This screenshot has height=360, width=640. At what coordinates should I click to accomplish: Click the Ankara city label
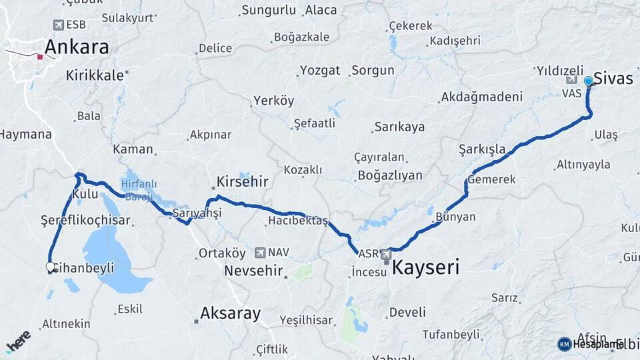(x=77, y=47)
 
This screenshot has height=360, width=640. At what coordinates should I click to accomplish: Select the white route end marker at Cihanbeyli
(x=50, y=267)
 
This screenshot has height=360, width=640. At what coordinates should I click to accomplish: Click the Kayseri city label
(x=425, y=268)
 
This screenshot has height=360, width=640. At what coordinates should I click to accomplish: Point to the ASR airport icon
(x=386, y=254)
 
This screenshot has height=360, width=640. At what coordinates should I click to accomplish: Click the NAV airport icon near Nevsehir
(x=259, y=253)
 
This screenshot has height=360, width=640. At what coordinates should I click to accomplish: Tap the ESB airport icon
(x=59, y=25)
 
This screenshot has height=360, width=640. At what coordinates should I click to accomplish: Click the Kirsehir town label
(x=242, y=181)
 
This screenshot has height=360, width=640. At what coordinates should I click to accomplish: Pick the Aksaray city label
(x=231, y=313)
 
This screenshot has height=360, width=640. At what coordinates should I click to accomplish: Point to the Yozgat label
(x=320, y=70)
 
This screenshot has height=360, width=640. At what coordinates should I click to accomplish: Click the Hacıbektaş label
(x=298, y=221)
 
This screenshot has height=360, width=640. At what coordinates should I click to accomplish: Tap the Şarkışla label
(x=482, y=148)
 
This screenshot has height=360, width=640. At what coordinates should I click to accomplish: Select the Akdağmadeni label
(x=481, y=97)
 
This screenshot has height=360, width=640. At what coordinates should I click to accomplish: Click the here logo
(x=17, y=341)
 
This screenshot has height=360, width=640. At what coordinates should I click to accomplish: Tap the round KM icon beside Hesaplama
(x=565, y=344)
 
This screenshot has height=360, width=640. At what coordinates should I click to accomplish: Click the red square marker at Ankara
(x=40, y=57)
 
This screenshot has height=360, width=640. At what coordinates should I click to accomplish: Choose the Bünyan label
(x=455, y=217)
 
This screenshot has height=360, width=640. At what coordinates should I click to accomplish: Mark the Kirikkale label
(x=95, y=75)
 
